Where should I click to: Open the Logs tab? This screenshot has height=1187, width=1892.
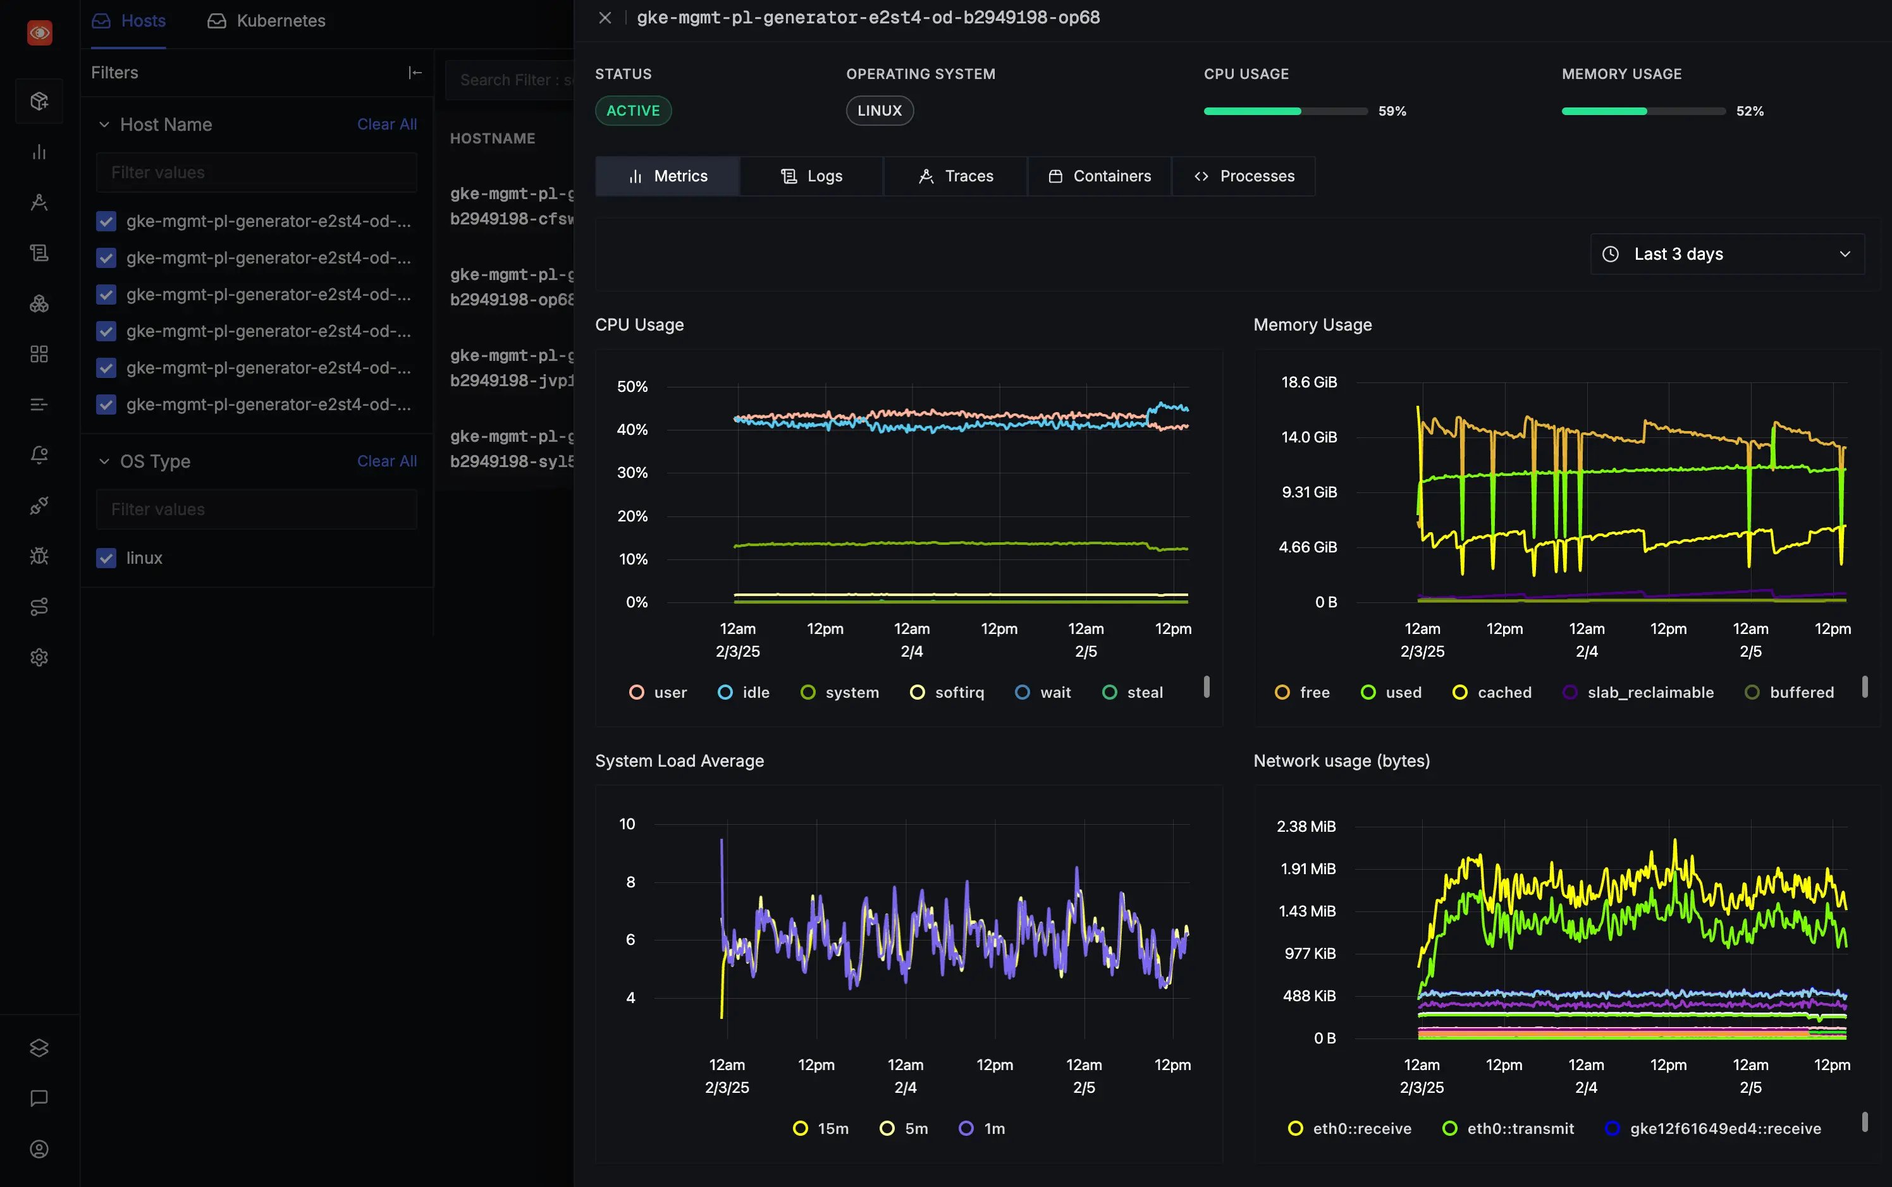click(x=811, y=176)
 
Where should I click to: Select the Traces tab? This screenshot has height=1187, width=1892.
click(x=956, y=176)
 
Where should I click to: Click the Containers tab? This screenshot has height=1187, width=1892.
click(x=1100, y=176)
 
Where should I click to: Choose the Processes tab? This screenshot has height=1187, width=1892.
click(x=1244, y=176)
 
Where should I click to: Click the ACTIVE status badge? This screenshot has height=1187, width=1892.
click(x=633, y=111)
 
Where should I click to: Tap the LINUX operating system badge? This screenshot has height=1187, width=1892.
click(x=879, y=111)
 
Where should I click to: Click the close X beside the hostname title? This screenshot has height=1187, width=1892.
click(x=605, y=17)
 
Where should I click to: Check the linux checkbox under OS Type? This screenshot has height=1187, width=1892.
click(x=106, y=558)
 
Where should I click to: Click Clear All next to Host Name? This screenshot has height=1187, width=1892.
click(x=386, y=124)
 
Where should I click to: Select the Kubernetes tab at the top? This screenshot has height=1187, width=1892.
click(x=267, y=20)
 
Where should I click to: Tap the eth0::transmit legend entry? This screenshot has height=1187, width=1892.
click(x=1509, y=1128)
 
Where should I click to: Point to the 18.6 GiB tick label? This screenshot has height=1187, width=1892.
click(x=1308, y=382)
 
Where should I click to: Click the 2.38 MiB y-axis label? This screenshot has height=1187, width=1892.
click(x=1305, y=827)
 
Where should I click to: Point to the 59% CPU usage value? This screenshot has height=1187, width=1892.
click(x=1392, y=111)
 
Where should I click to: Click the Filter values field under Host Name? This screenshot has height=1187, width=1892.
click(x=256, y=173)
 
